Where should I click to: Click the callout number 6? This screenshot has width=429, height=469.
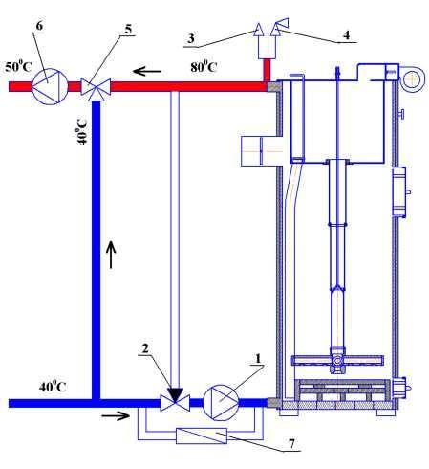[39, 26]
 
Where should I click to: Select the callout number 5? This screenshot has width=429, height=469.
[128, 30]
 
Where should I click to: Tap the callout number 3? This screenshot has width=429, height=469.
[191, 38]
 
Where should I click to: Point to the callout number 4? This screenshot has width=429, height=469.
[347, 34]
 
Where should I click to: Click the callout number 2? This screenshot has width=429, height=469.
[145, 348]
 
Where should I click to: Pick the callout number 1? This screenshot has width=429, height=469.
[258, 358]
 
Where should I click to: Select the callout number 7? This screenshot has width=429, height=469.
[291, 443]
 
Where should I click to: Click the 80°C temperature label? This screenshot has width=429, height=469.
[204, 67]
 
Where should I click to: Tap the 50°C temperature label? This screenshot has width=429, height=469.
[18, 67]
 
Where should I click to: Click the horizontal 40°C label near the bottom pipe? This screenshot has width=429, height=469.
[53, 387]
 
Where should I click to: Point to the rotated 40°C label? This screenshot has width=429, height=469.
[81, 132]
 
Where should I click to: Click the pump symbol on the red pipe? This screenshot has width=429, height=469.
[50, 86]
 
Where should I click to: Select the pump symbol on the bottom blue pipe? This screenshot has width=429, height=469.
[221, 402]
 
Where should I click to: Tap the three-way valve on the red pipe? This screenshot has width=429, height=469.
[96, 88]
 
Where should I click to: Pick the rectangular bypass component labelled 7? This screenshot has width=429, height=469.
[202, 435]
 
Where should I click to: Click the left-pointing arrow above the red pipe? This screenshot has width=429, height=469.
[147, 71]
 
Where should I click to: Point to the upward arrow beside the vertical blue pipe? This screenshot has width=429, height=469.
[111, 255]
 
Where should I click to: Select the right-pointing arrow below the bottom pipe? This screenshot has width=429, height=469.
[116, 415]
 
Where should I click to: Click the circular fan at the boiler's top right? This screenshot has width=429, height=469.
[412, 79]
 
